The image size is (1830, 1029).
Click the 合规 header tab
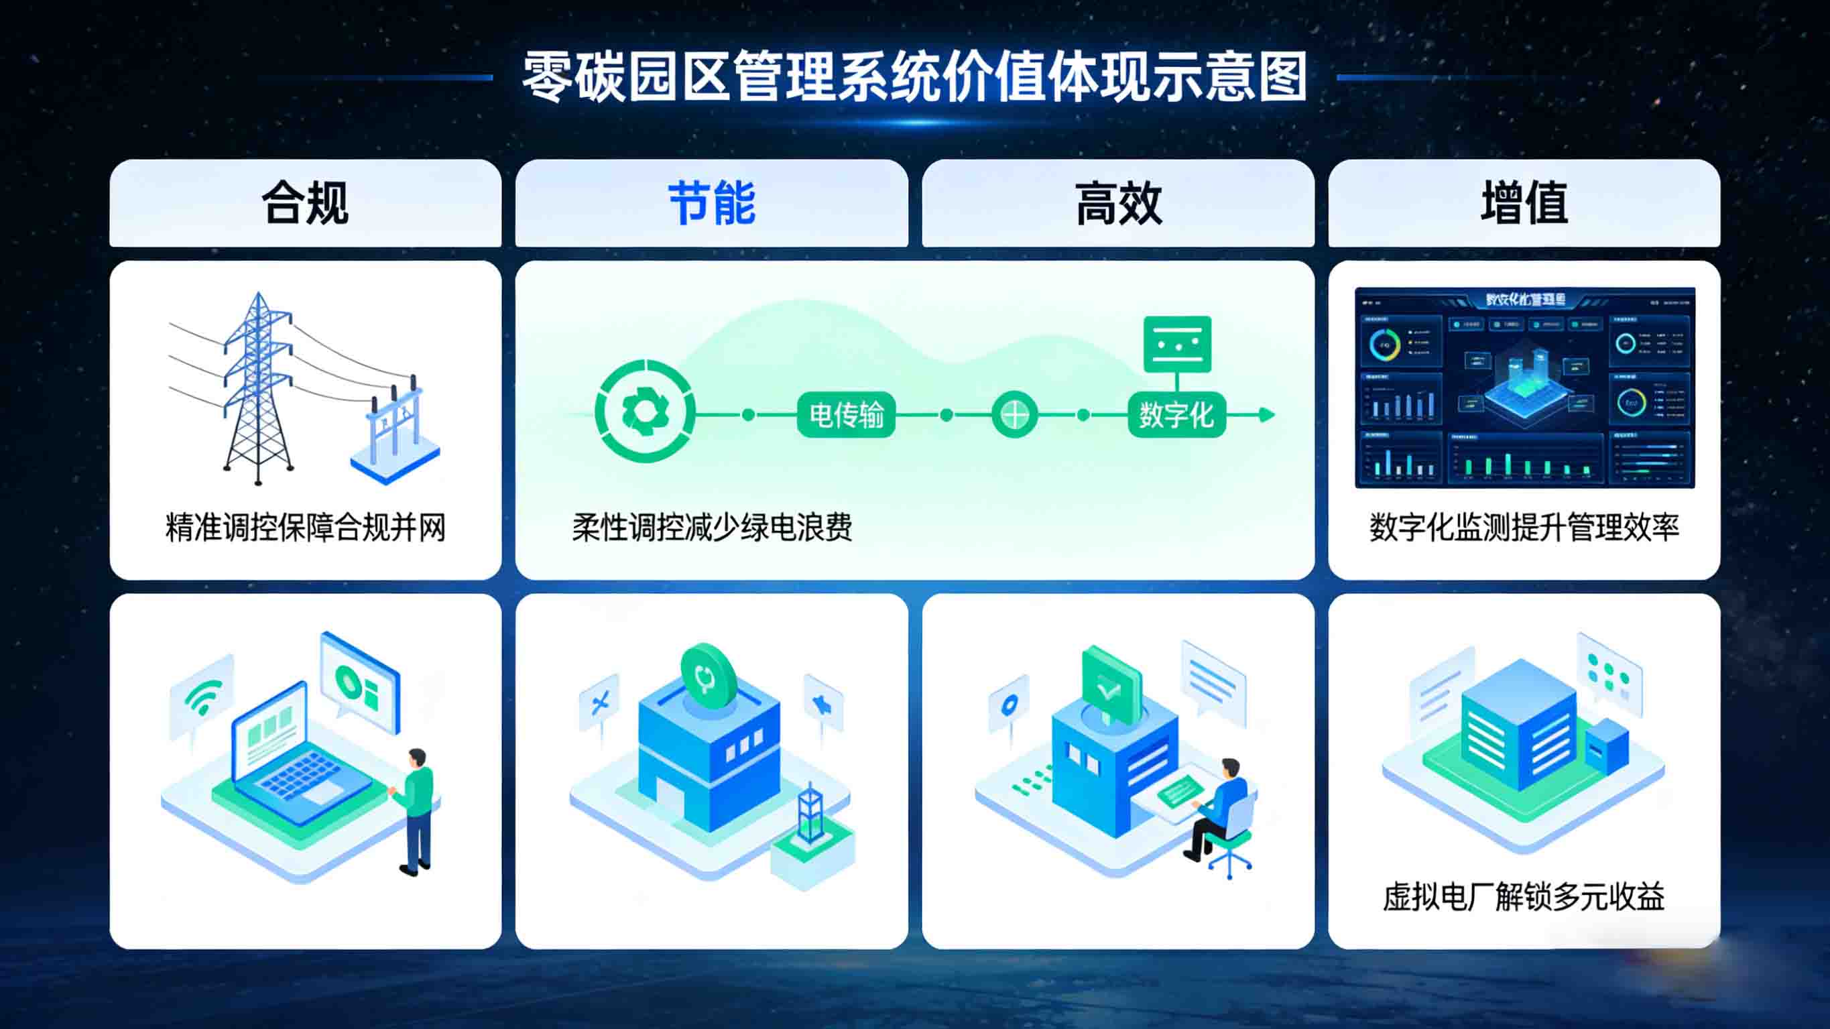[306, 203]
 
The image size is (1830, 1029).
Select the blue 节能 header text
[712, 203]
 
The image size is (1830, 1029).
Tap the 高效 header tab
[1118, 203]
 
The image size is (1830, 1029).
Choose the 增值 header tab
[1524, 203]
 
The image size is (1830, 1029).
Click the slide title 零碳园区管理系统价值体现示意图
[915, 76]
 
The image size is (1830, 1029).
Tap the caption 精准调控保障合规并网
[306, 528]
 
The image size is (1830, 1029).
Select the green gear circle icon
[644, 412]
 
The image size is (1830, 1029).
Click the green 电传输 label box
[846, 414]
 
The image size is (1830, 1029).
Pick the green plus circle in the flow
[1014, 414]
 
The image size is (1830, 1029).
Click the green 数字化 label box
[1176, 414]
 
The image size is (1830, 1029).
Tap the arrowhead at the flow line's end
[1267, 414]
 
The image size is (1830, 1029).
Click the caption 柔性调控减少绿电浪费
[712, 528]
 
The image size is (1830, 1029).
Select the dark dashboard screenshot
[1524, 388]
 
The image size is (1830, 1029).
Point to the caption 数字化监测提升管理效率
[1524, 528]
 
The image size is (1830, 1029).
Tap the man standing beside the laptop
[417, 810]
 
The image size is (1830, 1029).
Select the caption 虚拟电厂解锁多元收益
[1524, 896]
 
